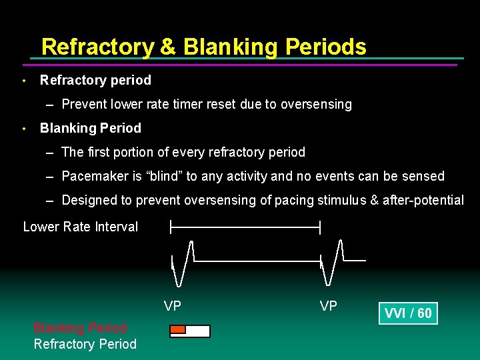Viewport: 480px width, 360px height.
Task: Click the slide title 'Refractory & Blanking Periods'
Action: tap(203, 47)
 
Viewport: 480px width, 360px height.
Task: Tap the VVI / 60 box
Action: tap(408, 313)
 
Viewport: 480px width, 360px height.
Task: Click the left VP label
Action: tap(173, 306)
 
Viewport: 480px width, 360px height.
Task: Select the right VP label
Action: tap(328, 306)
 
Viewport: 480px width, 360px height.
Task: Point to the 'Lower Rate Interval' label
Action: tap(80, 227)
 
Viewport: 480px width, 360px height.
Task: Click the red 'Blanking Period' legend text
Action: tap(80, 328)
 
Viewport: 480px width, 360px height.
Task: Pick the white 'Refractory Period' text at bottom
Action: tap(85, 344)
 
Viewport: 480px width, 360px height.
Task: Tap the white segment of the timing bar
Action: tap(197, 331)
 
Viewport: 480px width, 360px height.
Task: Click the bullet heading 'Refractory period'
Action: tap(95, 80)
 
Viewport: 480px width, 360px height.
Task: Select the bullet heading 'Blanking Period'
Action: tap(91, 128)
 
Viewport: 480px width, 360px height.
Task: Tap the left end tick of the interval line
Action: tap(171, 227)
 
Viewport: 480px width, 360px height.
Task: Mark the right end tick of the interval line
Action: tap(320, 227)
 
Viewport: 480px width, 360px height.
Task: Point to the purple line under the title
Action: tap(240, 65)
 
